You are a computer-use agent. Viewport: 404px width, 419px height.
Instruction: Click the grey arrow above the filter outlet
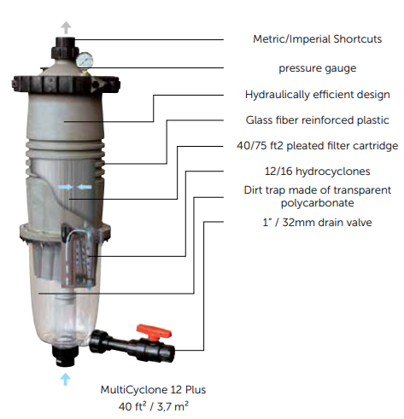pyautogui.click(x=66, y=27)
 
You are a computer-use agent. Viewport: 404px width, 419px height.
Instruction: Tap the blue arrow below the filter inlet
pyautogui.click(x=66, y=379)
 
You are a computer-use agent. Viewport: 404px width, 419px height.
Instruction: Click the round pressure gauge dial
pyautogui.click(x=85, y=60)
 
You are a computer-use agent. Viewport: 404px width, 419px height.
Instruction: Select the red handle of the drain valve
pyautogui.click(x=154, y=332)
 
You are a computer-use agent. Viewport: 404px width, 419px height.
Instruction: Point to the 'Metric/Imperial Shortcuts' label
pyautogui.click(x=317, y=39)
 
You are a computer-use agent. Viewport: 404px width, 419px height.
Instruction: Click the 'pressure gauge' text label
pyautogui.click(x=318, y=68)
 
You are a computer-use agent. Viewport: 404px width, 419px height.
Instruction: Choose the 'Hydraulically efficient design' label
pyautogui.click(x=318, y=95)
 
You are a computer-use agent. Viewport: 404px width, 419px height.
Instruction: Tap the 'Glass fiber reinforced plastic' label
pyautogui.click(x=318, y=120)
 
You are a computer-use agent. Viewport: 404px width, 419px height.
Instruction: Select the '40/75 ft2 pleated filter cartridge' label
pyautogui.click(x=318, y=146)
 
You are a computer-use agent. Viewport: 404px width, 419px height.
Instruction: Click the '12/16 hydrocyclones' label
pyautogui.click(x=318, y=172)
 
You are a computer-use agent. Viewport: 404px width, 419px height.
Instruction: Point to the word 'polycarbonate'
pyautogui.click(x=318, y=203)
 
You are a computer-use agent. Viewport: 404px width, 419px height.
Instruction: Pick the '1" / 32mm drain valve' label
pyautogui.click(x=317, y=222)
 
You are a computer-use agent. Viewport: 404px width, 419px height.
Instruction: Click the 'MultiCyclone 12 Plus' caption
pyautogui.click(x=153, y=389)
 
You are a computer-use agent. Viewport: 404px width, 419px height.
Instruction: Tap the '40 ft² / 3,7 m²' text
pyautogui.click(x=154, y=406)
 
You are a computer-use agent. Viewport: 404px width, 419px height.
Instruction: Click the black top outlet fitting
pyautogui.click(x=65, y=48)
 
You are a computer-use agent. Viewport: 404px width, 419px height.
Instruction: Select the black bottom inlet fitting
pyautogui.click(x=65, y=355)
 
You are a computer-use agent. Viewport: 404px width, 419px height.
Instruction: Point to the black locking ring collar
pyautogui.click(x=66, y=84)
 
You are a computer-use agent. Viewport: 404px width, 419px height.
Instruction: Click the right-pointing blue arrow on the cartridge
pyautogui.click(x=66, y=187)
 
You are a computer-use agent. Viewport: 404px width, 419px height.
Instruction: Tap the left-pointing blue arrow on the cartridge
pyautogui.click(x=85, y=187)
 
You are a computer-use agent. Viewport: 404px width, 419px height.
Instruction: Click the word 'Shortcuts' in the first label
pyautogui.click(x=358, y=39)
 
